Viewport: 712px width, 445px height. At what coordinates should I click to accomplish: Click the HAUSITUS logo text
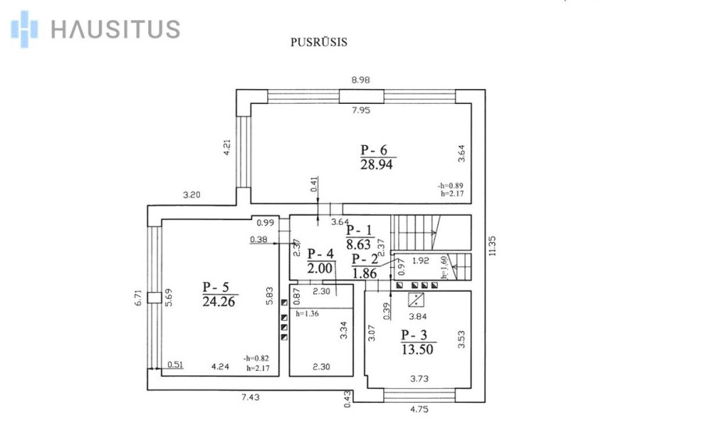click(x=116, y=29)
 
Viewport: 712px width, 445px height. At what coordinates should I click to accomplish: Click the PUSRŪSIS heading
click(x=319, y=42)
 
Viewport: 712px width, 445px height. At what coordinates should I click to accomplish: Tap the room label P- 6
click(x=374, y=150)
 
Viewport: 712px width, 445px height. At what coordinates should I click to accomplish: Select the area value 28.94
click(x=376, y=165)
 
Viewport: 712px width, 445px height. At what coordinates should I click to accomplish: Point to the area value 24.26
click(x=219, y=301)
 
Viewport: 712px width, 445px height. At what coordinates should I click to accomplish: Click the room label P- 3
click(x=414, y=335)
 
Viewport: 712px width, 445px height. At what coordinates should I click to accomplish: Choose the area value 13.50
click(x=418, y=349)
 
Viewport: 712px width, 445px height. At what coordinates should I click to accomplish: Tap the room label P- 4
click(x=321, y=254)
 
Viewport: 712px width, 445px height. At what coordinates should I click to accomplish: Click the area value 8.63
click(x=358, y=245)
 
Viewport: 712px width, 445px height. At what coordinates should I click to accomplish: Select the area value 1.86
click(x=365, y=273)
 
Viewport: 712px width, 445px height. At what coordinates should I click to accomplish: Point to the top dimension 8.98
click(x=361, y=80)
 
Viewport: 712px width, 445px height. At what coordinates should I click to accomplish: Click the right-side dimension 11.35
click(x=493, y=246)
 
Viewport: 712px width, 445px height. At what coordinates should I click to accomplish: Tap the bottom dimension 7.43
click(x=250, y=397)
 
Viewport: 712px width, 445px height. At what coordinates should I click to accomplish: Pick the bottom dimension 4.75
click(x=419, y=409)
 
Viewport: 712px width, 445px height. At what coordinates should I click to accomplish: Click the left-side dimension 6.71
click(x=139, y=298)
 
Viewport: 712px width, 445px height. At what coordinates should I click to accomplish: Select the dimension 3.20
click(x=191, y=195)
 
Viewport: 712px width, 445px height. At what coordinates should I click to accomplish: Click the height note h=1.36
click(x=308, y=313)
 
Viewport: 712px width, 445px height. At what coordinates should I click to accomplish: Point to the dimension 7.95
click(x=361, y=110)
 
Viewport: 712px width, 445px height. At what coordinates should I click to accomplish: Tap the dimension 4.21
click(x=227, y=148)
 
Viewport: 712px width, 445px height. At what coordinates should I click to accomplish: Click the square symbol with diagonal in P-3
click(x=416, y=300)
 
